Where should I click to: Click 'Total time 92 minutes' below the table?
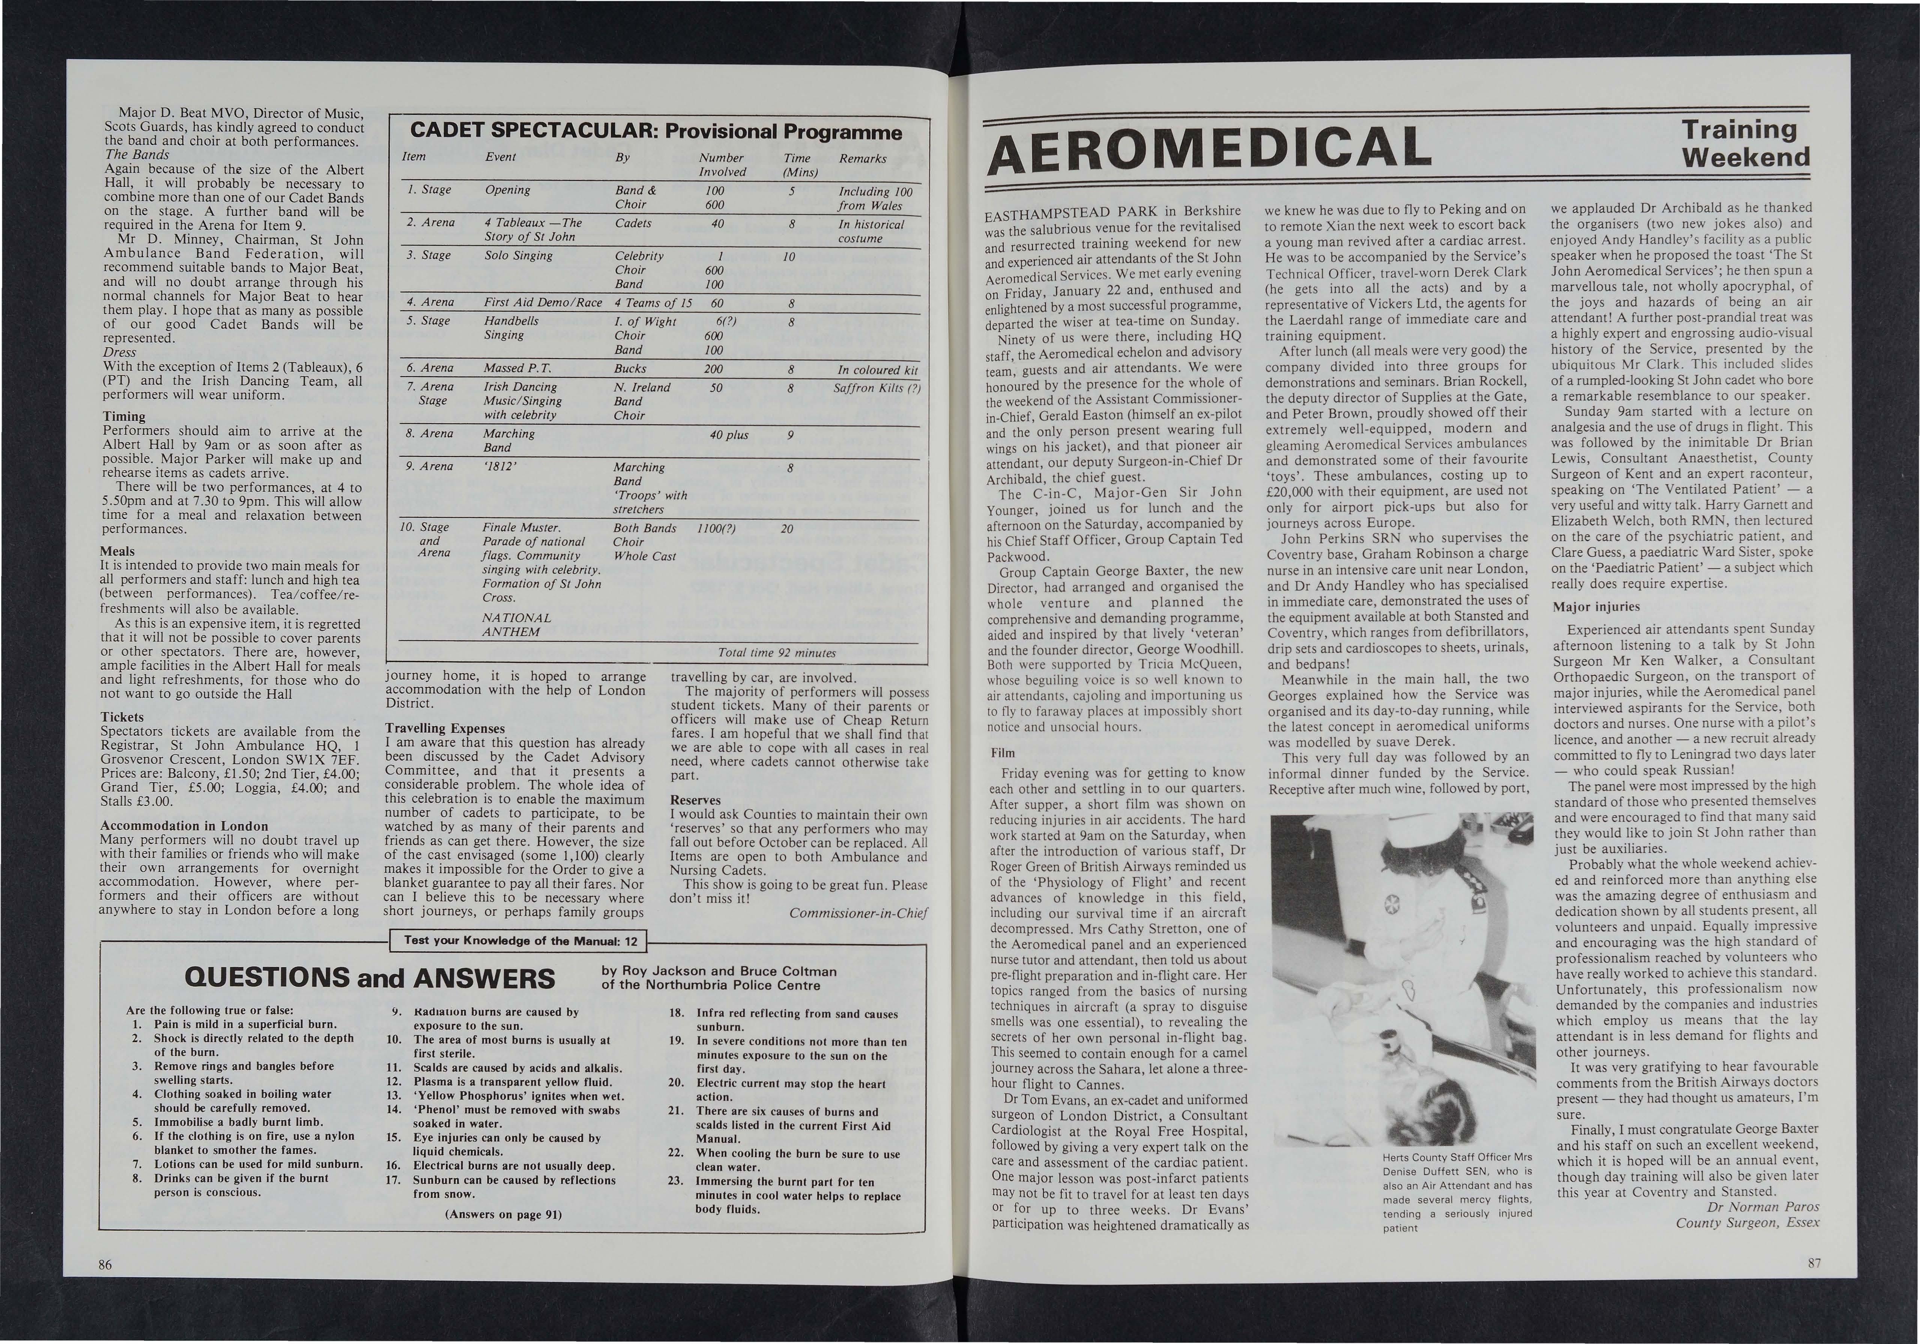[x=777, y=652]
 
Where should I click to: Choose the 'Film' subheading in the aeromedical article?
[x=1003, y=752]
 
